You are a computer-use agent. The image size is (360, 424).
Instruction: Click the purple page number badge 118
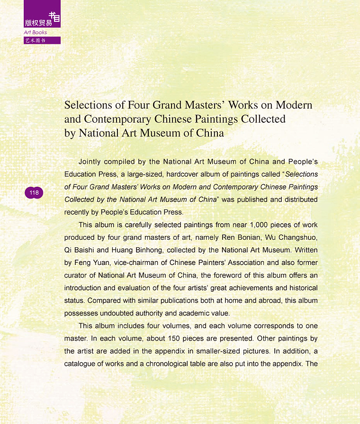34,193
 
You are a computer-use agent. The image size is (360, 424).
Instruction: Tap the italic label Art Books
36,32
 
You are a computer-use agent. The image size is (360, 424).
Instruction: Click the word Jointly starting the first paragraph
91,162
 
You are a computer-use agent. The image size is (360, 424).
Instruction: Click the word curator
76,275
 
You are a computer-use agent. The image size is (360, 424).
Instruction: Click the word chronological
211,364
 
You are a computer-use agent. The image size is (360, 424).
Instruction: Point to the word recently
78,212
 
